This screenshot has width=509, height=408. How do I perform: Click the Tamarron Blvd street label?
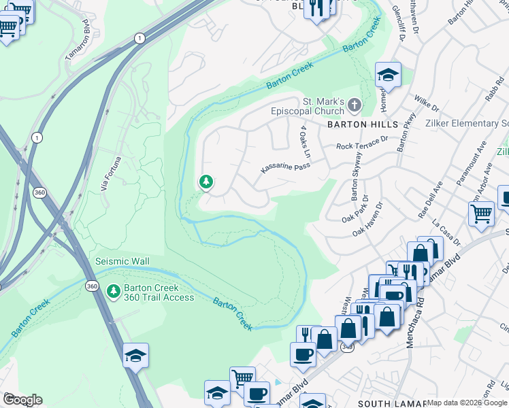click(77, 41)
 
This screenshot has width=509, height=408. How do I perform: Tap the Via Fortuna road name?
click(109, 173)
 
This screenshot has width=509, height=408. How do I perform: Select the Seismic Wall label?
click(122, 262)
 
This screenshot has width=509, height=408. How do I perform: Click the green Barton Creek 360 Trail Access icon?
click(113, 292)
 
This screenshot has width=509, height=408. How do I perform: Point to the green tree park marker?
click(206, 182)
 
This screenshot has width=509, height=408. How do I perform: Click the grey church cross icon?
click(354, 105)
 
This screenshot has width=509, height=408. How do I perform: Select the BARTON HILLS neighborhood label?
click(363, 125)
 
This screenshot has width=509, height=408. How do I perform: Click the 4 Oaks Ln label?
click(304, 142)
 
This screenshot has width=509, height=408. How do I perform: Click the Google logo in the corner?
click(22, 400)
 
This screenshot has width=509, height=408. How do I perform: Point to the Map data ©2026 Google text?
click(466, 403)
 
